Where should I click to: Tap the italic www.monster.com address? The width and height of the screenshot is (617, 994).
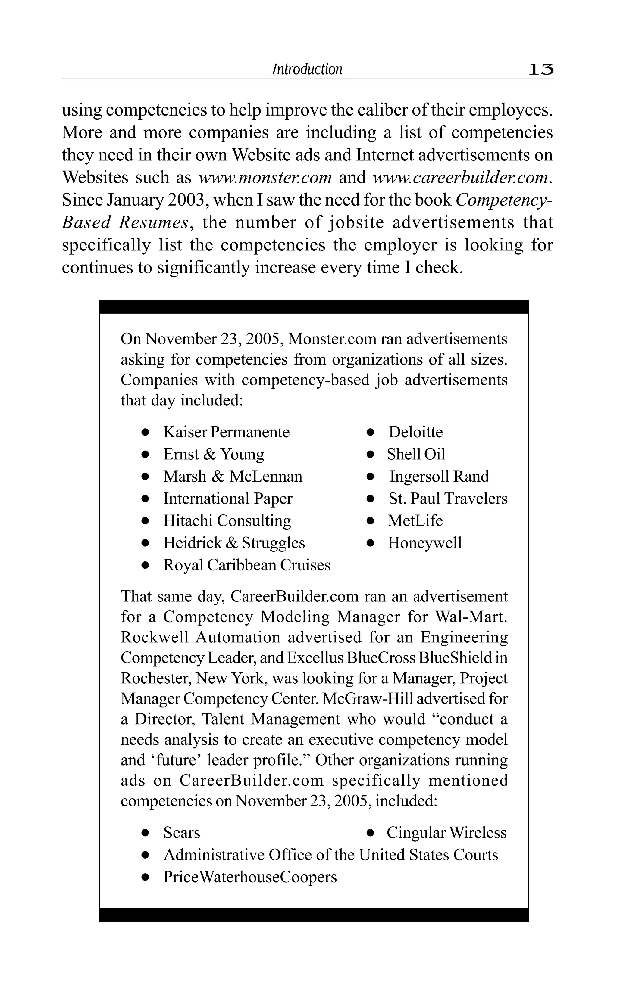coord(265,178)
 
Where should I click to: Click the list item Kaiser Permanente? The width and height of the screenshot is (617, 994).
coord(227,432)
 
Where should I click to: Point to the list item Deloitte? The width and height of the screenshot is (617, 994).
coord(415,432)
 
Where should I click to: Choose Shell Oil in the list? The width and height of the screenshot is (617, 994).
coord(416,454)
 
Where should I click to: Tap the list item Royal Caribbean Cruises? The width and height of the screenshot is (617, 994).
coord(247,565)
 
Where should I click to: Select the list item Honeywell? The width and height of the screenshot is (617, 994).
coord(424,543)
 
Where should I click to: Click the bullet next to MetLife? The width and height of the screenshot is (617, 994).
coord(370,521)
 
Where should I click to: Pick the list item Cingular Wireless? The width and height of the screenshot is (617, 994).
coord(446,833)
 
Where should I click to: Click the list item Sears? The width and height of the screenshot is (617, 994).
coord(182,833)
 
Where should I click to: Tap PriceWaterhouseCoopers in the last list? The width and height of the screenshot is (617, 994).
coord(250,877)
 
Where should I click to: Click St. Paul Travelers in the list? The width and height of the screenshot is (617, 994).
coord(448,499)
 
